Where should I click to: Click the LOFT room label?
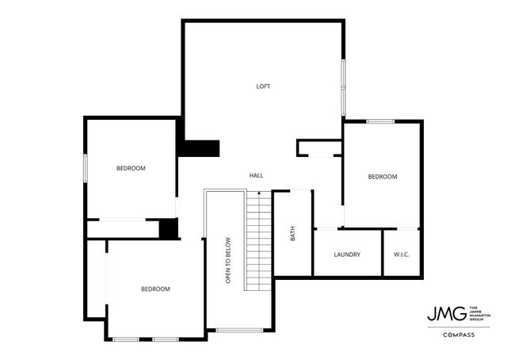[x=263, y=86]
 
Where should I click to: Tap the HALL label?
[x=256, y=175]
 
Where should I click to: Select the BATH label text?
[x=292, y=234]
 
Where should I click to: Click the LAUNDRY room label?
[x=347, y=255]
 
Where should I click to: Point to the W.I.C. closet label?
[x=401, y=255]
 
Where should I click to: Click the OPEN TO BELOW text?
[x=227, y=260]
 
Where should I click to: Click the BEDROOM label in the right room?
[x=382, y=177]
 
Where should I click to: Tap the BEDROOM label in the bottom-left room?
[x=155, y=289]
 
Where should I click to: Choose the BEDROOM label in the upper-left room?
[x=131, y=168]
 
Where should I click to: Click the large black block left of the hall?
[x=198, y=148]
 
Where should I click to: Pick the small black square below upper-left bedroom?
[x=167, y=228]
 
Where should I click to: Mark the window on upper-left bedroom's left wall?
[x=86, y=168]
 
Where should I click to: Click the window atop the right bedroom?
[x=380, y=121]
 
